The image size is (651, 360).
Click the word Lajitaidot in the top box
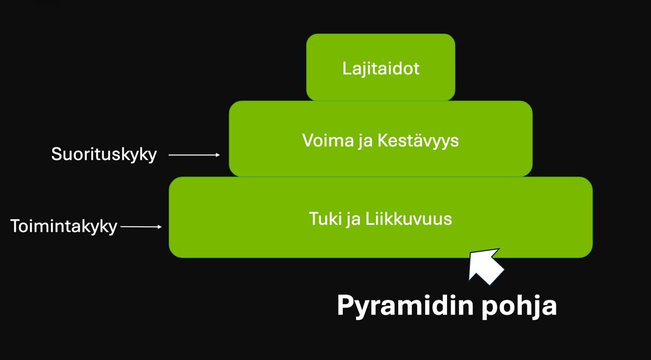pos(380,68)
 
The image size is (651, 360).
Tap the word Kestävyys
pos(418,141)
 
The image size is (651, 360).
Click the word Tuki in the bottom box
pos(324,219)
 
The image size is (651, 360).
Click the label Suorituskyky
pos(104,154)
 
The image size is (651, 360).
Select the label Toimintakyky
pos(64,226)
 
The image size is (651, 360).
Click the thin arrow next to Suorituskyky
pos(194,155)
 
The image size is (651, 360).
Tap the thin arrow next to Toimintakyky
pos(141,227)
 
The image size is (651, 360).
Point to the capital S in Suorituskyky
pos(56,154)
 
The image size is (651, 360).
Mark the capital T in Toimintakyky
pos(16,226)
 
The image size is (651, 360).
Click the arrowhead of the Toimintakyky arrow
pos(159,227)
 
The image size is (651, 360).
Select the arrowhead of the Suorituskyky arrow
pos(218,155)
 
